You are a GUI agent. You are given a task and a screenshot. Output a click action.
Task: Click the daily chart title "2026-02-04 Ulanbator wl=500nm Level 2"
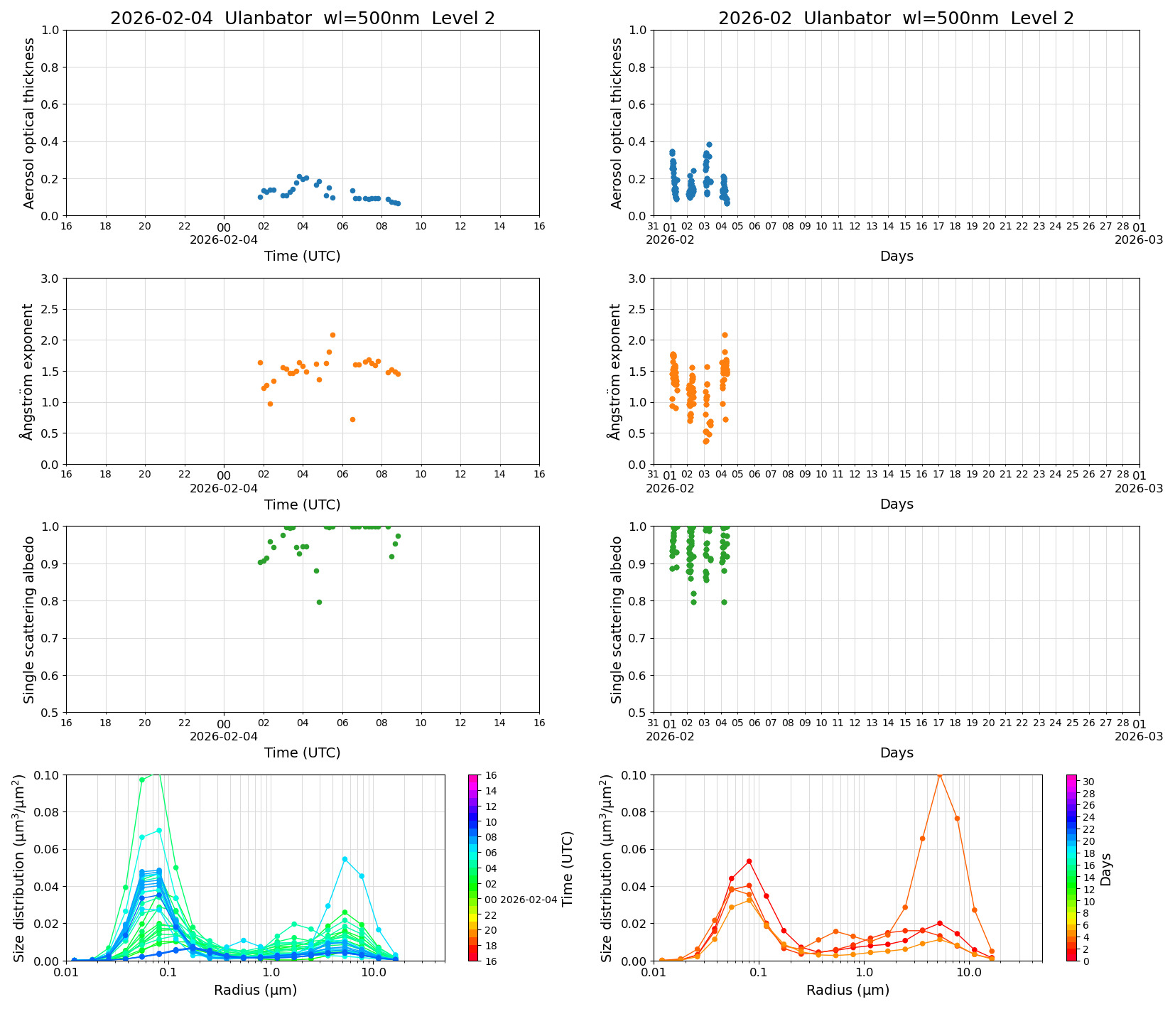302,18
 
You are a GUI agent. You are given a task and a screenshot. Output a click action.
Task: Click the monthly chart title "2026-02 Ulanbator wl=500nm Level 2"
896,18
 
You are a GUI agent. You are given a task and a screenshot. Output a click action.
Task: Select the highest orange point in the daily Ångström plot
332,335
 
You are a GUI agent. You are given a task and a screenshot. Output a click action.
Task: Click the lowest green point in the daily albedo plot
319,602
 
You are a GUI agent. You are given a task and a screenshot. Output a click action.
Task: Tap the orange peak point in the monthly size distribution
940,775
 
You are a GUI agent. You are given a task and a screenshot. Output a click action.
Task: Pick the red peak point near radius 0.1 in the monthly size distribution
749,861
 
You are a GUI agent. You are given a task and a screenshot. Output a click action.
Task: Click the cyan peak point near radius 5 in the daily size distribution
345,859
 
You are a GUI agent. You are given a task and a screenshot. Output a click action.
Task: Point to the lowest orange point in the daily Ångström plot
352,419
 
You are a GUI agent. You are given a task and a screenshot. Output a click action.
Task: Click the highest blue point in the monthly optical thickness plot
709,144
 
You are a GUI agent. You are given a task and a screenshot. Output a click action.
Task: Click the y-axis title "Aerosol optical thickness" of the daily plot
29,123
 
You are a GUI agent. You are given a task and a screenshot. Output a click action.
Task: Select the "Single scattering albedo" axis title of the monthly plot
617,620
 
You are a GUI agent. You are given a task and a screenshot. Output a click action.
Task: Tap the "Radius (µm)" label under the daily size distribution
255,990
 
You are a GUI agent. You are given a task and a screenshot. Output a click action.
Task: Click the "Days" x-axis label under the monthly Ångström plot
897,504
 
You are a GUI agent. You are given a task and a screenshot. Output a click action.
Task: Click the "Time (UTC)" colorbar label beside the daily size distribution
567,868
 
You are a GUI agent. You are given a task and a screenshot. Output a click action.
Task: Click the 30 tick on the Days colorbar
1088,781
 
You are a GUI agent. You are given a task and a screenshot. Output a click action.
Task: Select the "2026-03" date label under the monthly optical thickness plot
1139,239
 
